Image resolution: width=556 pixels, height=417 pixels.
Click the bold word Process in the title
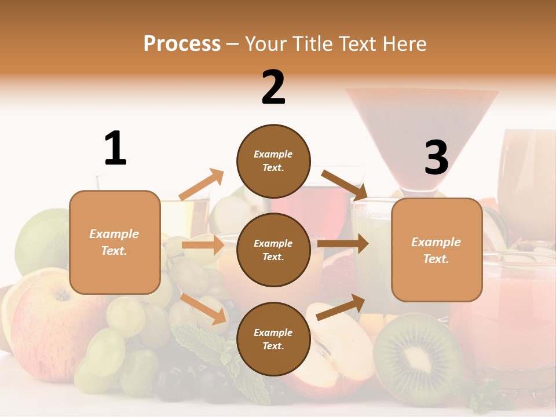coord(182,44)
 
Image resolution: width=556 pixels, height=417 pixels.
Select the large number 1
coord(115,149)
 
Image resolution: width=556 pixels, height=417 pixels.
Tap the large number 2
coord(273,87)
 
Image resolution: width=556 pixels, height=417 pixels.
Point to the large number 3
coord(436,158)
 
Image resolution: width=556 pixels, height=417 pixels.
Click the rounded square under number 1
coord(115,242)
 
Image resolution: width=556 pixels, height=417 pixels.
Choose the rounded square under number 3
coord(437,250)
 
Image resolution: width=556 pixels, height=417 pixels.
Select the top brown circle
coord(273,161)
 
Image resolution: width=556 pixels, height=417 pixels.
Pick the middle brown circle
coord(273,250)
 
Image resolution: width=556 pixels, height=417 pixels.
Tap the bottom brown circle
coord(273,339)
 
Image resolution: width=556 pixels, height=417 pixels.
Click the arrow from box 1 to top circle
coord(202,185)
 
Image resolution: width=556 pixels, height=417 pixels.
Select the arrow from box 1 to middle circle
coord(203,245)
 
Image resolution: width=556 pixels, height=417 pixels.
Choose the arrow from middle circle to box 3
coord(343,244)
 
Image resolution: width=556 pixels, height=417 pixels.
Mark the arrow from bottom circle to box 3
coord(341,307)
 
